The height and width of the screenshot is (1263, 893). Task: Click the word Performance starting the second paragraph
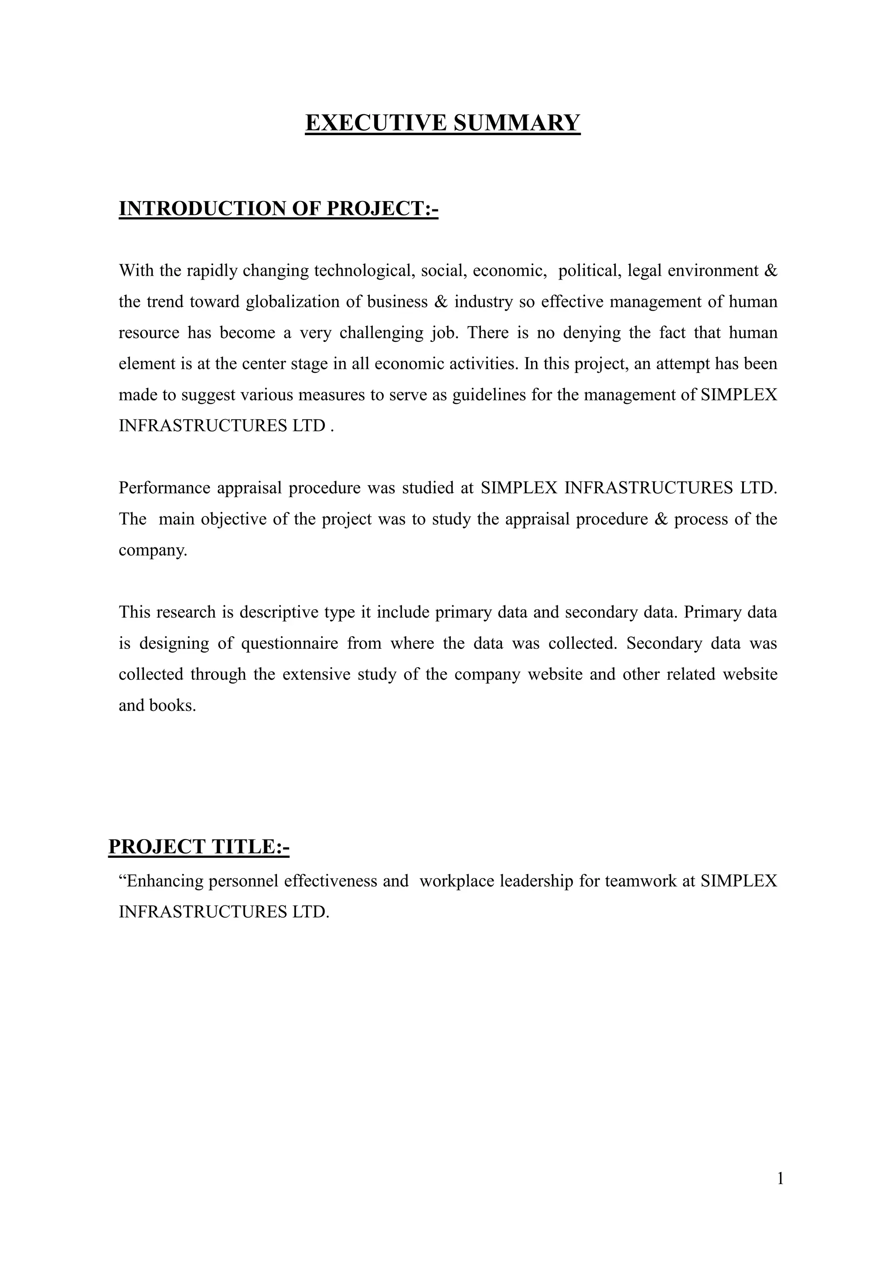coord(164,488)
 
